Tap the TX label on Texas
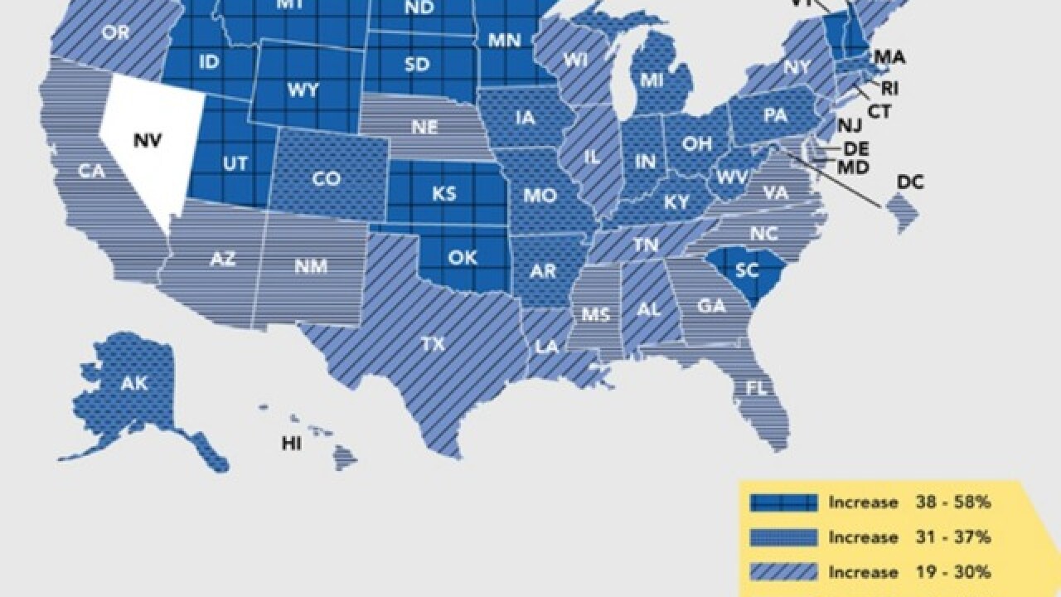pos(433,344)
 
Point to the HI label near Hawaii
pos(291,444)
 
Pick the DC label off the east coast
pos(910,182)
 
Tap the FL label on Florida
pos(757,387)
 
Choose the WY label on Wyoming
pos(303,90)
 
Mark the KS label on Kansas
pos(443,193)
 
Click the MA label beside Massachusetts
pos(889,57)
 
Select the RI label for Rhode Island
pos(890,88)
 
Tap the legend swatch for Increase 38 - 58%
pos(782,502)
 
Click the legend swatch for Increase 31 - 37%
pos(782,537)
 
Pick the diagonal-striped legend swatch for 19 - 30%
pos(782,572)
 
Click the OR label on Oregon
pos(114,33)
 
